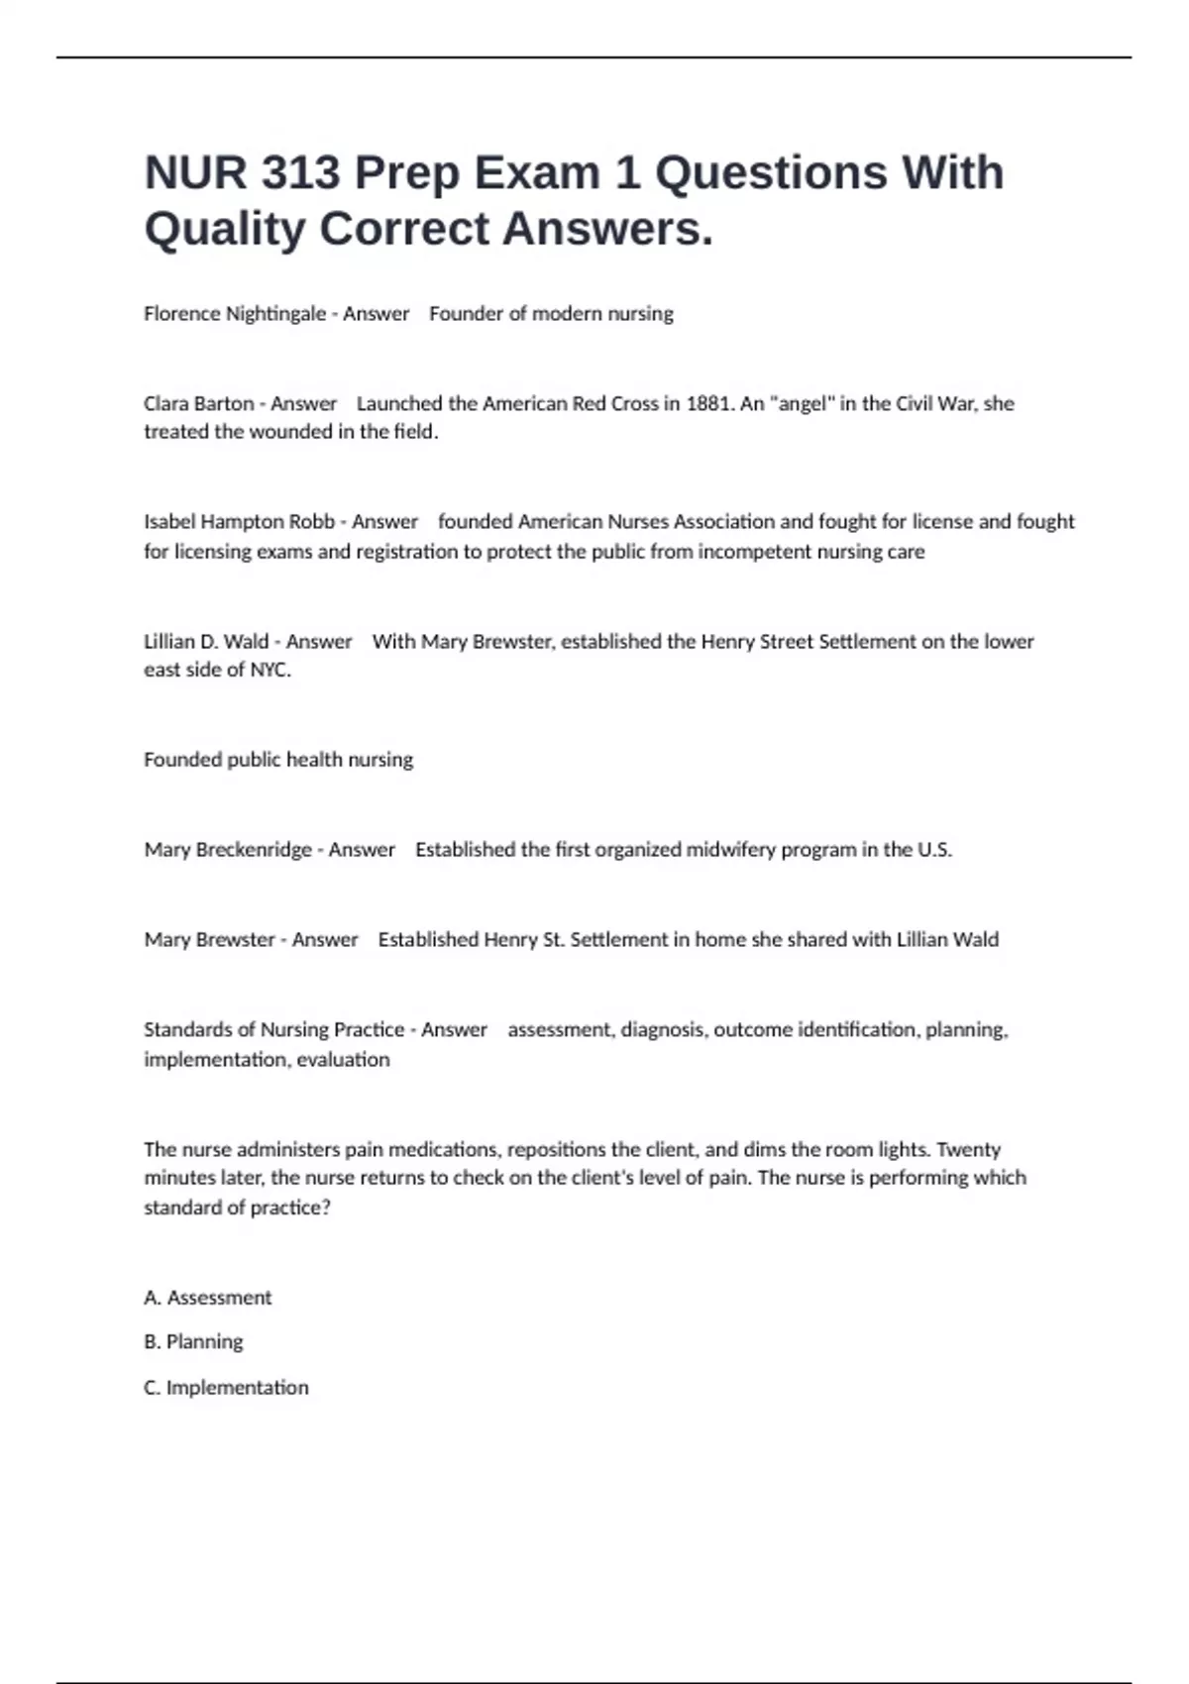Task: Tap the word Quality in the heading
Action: tap(225, 229)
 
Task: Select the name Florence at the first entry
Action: tap(182, 314)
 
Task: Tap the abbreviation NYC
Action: tap(270, 670)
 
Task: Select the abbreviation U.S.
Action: tap(934, 850)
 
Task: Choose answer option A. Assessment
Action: tap(207, 1298)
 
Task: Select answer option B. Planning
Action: tap(193, 1342)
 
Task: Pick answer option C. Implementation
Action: tap(226, 1388)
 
